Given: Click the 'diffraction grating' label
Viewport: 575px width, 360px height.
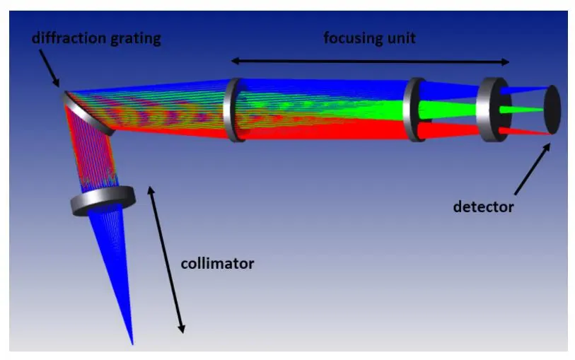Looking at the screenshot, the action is [96, 39].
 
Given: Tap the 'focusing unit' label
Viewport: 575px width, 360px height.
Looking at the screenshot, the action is [369, 38].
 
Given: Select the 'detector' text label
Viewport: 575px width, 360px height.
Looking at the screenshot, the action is [483, 207].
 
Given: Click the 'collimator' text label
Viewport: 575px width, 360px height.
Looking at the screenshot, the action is [217, 264].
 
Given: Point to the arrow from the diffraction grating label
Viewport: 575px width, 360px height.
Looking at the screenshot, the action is [49, 68].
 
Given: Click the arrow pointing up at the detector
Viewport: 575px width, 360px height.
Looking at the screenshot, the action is [533, 168].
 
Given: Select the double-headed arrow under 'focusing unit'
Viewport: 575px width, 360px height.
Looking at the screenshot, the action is [370, 62].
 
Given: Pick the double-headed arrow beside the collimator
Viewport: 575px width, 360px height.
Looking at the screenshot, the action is [166, 260].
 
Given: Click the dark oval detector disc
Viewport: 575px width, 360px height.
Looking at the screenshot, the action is [552, 110].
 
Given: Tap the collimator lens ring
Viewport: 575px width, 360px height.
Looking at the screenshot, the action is [103, 201].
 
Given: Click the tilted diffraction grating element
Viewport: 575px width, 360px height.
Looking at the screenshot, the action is [88, 114].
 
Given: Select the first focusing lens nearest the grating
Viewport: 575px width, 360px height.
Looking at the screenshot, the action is [234, 110].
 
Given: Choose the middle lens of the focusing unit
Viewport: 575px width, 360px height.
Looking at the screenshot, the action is [414, 110].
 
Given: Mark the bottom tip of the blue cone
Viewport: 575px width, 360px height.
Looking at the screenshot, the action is [132, 344].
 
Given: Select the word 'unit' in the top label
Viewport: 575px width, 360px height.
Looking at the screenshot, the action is [402, 38].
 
